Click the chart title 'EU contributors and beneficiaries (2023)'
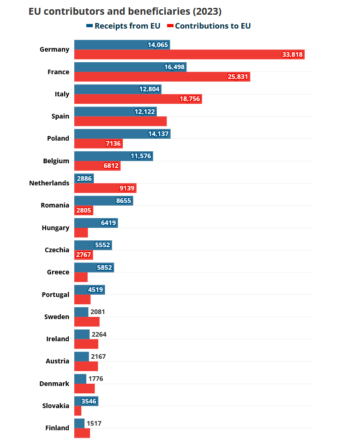pos(125,12)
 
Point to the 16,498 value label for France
pos(174,67)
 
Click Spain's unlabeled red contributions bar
pos(120,121)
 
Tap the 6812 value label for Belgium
pos(111,166)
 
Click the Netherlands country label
pos(49,183)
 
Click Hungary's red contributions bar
pos(81,232)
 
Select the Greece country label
pos(58,272)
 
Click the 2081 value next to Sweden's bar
pos(98,312)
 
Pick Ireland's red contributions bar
pos(86,344)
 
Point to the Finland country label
pos(57,428)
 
